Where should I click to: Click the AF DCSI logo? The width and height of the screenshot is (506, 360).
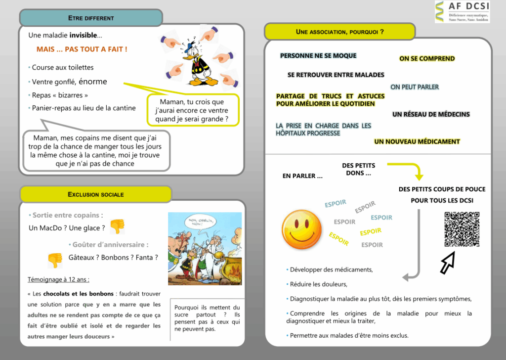tap(462, 12)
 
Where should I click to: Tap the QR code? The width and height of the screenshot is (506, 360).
tap(462, 229)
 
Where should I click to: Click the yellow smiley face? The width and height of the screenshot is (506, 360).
tap(302, 230)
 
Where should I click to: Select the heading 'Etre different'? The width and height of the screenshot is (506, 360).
tap(91, 18)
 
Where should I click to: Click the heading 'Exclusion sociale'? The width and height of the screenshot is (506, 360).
tap(95, 194)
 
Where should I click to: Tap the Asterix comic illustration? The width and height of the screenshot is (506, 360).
tap(205, 249)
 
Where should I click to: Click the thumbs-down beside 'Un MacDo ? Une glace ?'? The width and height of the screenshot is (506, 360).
tap(117, 226)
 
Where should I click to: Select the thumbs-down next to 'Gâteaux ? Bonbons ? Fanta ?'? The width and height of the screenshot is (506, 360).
tap(55, 260)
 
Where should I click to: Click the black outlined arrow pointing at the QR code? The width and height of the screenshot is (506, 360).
tap(448, 263)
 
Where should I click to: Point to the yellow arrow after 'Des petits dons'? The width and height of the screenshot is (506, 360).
tap(408, 170)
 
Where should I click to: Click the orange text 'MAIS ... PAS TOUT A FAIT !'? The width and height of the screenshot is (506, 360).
tap(82, 49)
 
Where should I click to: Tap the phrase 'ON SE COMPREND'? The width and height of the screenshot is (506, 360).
tap(427, 59)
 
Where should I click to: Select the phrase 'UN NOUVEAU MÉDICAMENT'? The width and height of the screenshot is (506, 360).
tap(417, 142)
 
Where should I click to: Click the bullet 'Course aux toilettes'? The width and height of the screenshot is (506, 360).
tap(63, 68)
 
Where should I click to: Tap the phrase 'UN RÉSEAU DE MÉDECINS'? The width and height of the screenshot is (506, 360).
tap(431, 115)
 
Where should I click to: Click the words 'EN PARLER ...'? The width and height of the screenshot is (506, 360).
tap(302, 176)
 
